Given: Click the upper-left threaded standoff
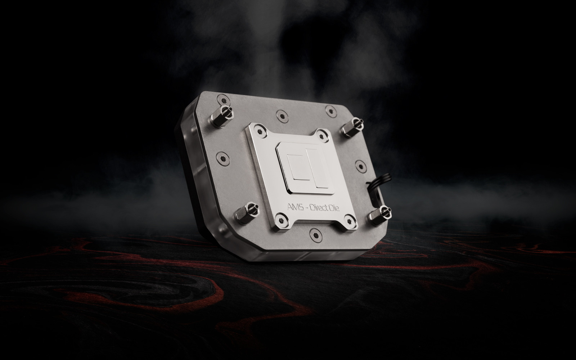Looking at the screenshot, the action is [x=222, y=117].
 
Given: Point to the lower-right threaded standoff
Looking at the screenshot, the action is [x=380, y=216].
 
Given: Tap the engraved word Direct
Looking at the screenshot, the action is [x=319, y=207].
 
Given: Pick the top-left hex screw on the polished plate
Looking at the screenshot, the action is [x=260, y=131].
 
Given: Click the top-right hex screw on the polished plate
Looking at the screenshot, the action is [x=322, y=136].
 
